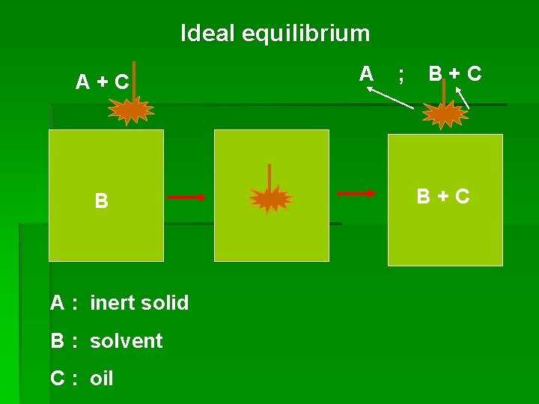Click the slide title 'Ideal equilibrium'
tap(275, 33)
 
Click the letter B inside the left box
tap(101, 201)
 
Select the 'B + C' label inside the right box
tap(443, 197)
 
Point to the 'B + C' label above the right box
tap(454, 73)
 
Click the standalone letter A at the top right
tap(366, 73)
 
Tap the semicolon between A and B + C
tap(402, 73)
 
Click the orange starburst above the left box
tap(131, 109)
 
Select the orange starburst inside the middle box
tap(269, 200)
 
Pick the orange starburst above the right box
tap(445, 115)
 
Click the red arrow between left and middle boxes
tap(186, 198)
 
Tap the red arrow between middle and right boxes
tap(357, 193)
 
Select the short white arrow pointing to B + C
tap(462, 97)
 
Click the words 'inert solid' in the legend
tap(139, 303)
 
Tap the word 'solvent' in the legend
tap(126, 341)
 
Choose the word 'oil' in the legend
tap(102, 379)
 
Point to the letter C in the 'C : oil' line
tap(58, 379)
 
